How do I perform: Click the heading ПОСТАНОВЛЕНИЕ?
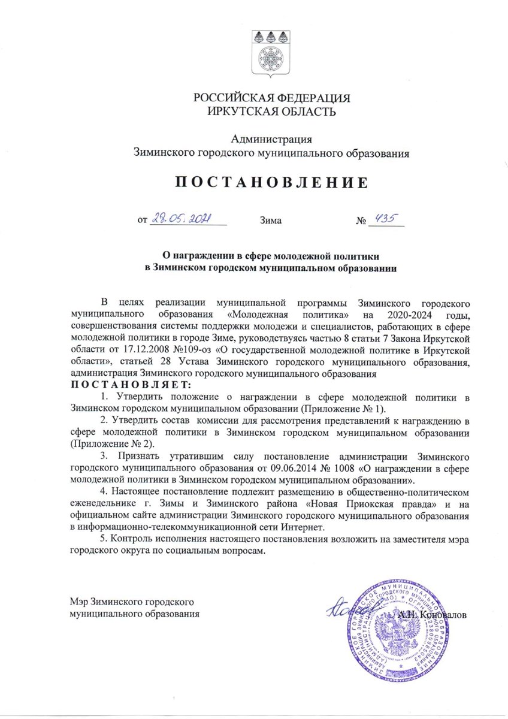pyautogui.click(x=271, y=183)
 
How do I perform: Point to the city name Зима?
pyautogui.click(x=271, y=220)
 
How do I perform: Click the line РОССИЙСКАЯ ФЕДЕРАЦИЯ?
pyautogui.click(x=271, y=98)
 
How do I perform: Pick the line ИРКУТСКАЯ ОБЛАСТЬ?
pyautogui.click(x=271, y=111)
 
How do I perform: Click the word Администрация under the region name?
pyautogui.click(x=271, y=140)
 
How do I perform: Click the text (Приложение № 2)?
pyautogui.click(x=112, y=443)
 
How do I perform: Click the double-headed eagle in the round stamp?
pyautogui.click(x=397, y=632)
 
